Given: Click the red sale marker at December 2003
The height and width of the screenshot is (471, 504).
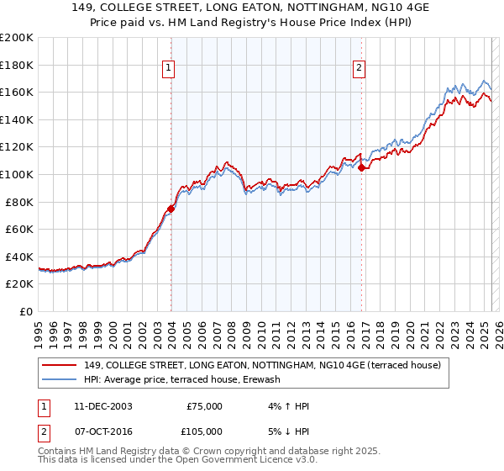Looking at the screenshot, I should [171, 209].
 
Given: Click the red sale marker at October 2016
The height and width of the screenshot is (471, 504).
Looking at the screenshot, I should [361, 167].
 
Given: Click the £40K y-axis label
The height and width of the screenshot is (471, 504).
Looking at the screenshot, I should [19, 257].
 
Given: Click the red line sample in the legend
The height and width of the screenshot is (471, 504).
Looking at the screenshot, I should [59, 365].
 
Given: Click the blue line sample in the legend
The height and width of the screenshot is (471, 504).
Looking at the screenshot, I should [59, 379].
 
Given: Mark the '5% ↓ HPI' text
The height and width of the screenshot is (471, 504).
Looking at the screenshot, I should [286, 431].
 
